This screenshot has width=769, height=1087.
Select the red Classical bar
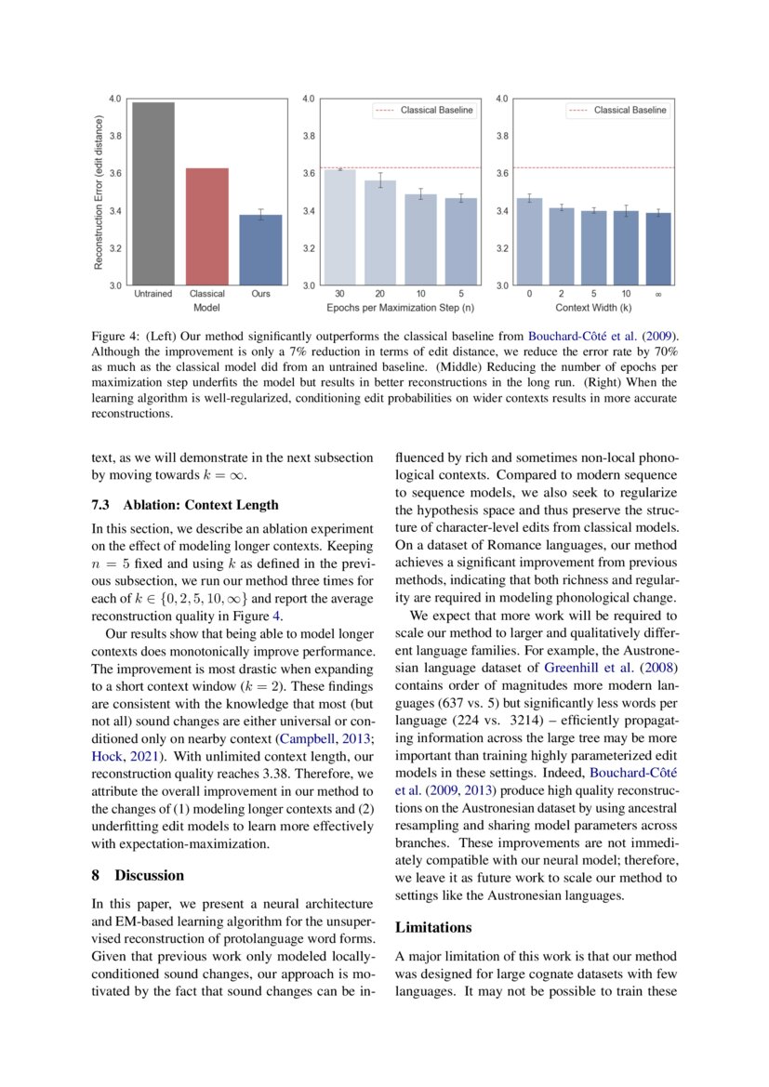pos(207,227)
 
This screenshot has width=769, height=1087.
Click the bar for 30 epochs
pos(339,227)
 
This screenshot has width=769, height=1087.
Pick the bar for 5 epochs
pos(460,242)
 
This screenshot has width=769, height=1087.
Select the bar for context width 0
pos(529,242)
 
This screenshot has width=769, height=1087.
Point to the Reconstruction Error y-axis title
pos(99,192)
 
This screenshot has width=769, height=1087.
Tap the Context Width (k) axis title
pos(593,306)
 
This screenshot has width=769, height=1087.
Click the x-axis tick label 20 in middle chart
pos(379,294)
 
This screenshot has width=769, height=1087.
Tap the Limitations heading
pos(433,927)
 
